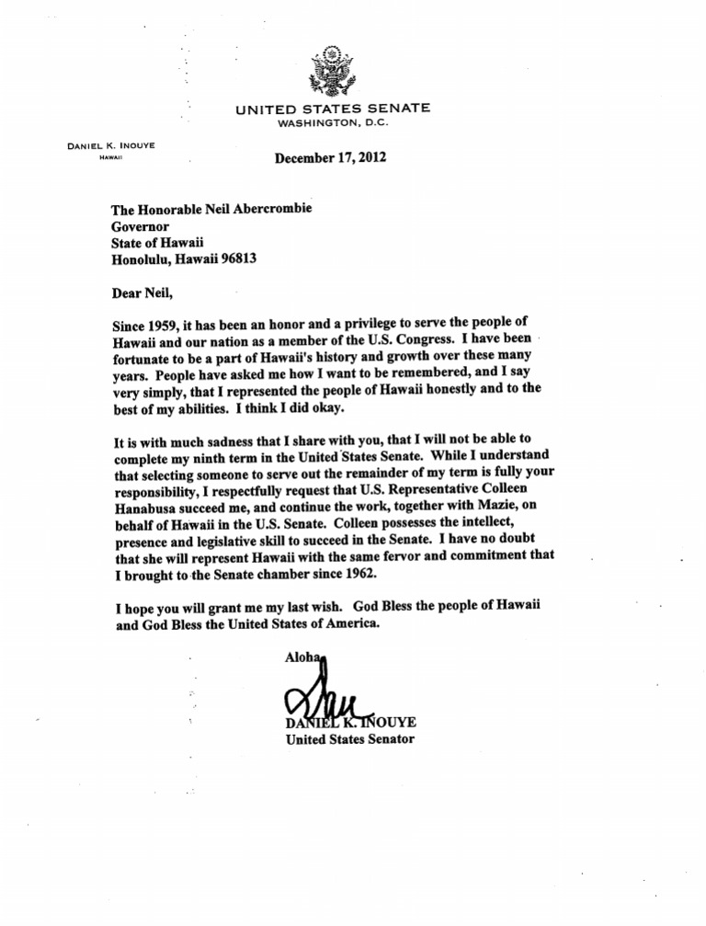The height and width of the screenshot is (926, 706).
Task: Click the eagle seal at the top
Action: pyautogui.click(x=332, y=71)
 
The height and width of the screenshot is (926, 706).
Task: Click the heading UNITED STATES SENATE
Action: pyautogui.click(x=332, y=109)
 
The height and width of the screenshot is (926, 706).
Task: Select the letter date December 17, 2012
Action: pyautogui.click(x=331, y=157)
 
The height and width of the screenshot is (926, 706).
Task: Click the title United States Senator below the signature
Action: pyautogui.click(x=350, y=738)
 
